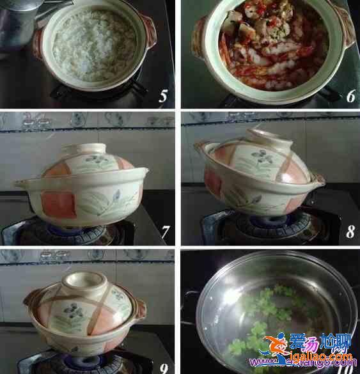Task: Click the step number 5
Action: coord(163,97)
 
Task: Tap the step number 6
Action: coord(350,97)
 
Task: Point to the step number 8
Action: coord(350,231)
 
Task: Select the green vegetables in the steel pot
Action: coord(256,332)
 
